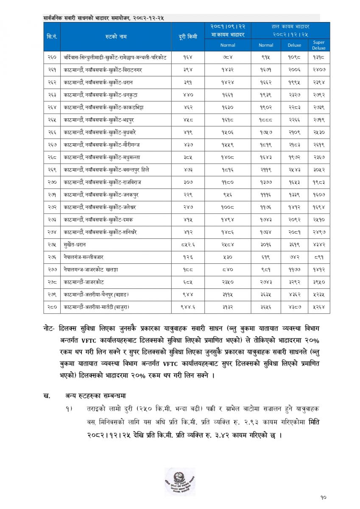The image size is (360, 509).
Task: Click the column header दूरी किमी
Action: tap(188, 36)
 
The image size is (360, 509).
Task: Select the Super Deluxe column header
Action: tap(318, 45)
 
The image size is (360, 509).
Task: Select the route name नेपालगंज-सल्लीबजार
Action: tap(84, 257)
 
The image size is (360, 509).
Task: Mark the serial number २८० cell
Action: tap(53, 306)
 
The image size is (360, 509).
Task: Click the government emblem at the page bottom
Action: tap(180, 481)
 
